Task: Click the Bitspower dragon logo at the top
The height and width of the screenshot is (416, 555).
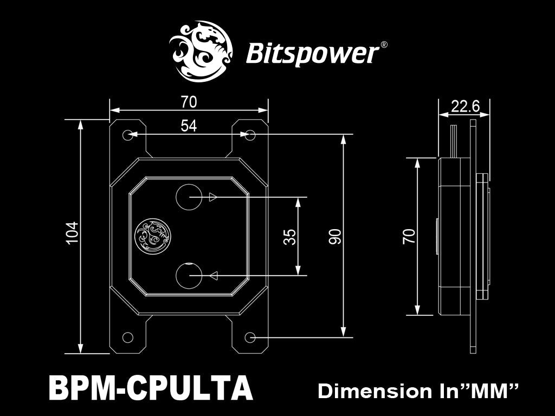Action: [201, 51]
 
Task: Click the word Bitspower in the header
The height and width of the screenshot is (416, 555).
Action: [312, 54]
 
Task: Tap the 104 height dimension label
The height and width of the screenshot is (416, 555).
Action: [73, 233]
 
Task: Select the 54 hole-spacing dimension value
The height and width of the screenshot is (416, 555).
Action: [189, 126]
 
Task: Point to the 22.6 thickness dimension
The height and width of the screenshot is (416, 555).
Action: [466, 106]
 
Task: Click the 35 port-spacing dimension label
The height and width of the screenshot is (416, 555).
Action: [290, 237]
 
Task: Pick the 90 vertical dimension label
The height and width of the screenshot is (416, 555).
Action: [335, 237]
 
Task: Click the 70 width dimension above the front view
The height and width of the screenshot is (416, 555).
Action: [189, 101]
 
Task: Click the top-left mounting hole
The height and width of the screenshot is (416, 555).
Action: [128, 135]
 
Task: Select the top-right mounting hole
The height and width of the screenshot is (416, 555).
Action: [250, 135]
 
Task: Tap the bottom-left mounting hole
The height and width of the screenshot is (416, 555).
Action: [128, 337]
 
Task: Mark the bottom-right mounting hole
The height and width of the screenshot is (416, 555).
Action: [250, 337]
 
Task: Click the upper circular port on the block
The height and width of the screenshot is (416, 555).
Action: [190, 197]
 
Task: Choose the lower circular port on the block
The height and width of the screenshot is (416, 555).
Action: [190, 276]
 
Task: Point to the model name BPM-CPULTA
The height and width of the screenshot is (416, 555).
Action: [151, 388]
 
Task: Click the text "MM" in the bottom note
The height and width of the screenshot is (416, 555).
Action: [491, 391]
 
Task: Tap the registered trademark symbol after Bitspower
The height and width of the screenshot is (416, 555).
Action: [384, 45]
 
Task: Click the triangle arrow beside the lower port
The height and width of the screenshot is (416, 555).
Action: [213, 276]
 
